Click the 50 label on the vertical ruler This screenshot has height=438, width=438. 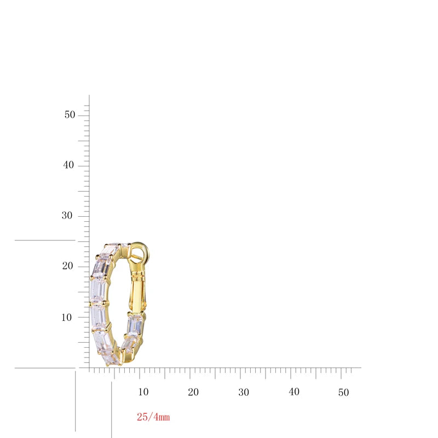pos(69,115)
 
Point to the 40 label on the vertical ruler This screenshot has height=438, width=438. pos(68,165)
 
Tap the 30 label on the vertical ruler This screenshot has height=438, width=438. pos(67,216)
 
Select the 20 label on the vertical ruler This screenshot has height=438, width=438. pos(67,266)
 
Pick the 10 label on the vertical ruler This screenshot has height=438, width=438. pos(67,317)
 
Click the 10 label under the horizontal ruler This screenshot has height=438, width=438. pos(143,393)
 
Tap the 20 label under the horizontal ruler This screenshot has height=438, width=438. pos(193,393)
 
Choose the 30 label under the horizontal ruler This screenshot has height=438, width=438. pos(244,393)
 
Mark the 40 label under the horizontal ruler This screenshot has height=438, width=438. pos(294,393)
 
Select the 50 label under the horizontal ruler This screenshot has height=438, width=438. pos(343,393)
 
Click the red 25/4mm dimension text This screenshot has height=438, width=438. pos(153,417)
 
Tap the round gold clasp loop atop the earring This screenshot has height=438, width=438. pos(140,253)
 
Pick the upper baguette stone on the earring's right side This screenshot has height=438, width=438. pos(135,325)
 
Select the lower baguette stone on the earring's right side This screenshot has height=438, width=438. pos(130,344)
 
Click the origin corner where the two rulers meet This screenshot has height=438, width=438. pos(89,367)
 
